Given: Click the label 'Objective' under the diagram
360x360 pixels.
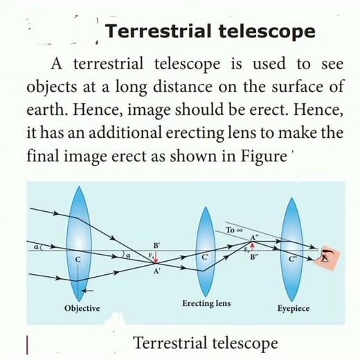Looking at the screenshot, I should pyautogui.click(x=82, y=307).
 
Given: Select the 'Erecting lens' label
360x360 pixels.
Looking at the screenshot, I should pyautogui.click(x=206, y=303).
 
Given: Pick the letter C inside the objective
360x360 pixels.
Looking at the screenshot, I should pyautogui.click(x=78, y=259).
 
